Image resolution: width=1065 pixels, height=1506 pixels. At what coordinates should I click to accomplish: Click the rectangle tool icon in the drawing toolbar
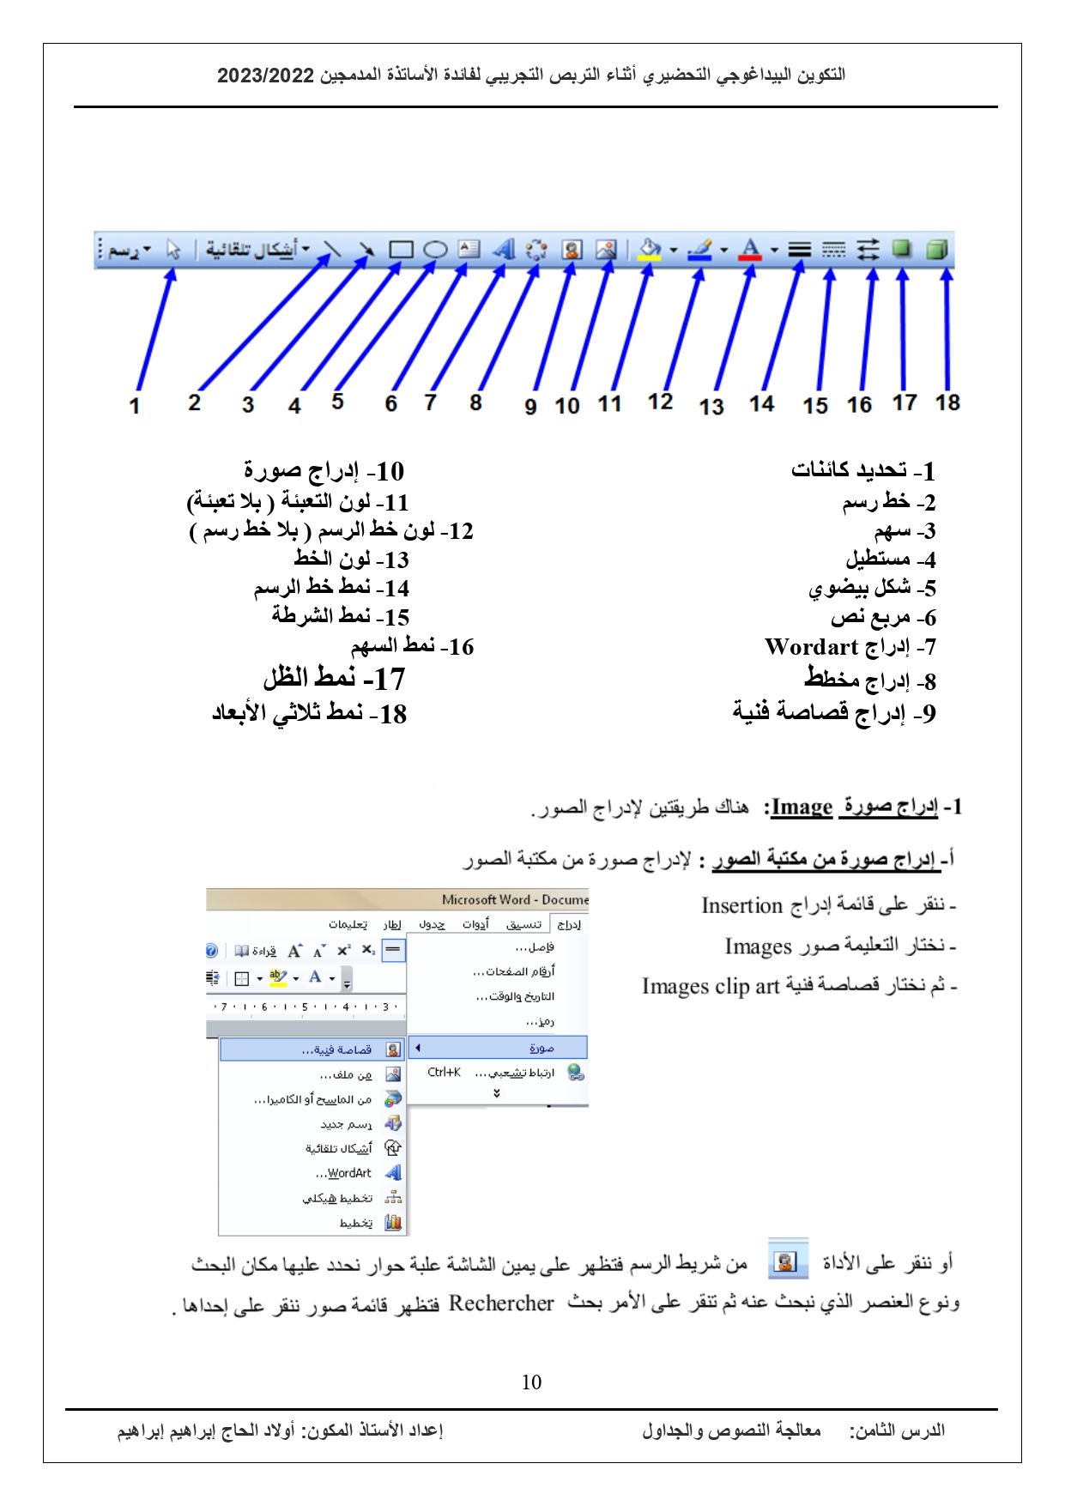tap(401, 250)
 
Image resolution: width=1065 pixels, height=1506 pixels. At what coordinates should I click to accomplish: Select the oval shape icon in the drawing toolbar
tap(436, 250)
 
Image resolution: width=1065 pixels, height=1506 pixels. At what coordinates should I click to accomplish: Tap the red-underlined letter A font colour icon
tap(750, 249)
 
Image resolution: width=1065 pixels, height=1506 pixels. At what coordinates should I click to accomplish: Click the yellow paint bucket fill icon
tap(650, 249)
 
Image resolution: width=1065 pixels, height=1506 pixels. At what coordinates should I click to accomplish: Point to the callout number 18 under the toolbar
tap(947, 402)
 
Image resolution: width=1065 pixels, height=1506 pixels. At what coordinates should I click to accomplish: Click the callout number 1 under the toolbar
tap(135, 406)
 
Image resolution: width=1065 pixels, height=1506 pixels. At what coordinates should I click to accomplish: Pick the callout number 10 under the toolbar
tap(567, 406)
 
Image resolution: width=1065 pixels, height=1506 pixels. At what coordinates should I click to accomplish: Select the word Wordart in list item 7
tap(811, 646)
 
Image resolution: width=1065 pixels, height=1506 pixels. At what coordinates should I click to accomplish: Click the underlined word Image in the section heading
tap(802, 807)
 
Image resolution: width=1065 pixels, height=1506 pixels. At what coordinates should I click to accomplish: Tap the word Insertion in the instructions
tap(741, 905)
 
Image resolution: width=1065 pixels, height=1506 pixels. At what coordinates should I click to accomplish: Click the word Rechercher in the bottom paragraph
tap(501, 1303)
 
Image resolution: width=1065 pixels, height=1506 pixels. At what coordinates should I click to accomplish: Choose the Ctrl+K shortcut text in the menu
tap(444, 1072)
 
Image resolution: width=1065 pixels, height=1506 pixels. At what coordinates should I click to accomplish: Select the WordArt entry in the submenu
tap(349, 1173)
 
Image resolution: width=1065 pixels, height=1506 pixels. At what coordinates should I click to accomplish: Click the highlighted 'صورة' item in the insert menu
tap(542, 1048)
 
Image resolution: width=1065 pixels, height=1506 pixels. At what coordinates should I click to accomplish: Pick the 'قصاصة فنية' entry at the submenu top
tap(336, 1049)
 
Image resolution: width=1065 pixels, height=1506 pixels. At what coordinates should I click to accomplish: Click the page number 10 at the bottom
tap(531, 1382)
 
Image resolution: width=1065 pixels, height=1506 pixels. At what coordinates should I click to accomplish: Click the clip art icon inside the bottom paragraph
tap(787, 1261)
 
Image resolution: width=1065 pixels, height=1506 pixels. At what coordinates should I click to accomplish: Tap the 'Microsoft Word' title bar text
tap(486, 899)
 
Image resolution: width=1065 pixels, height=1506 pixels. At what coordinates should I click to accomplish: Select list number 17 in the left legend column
tap(390, 680)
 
